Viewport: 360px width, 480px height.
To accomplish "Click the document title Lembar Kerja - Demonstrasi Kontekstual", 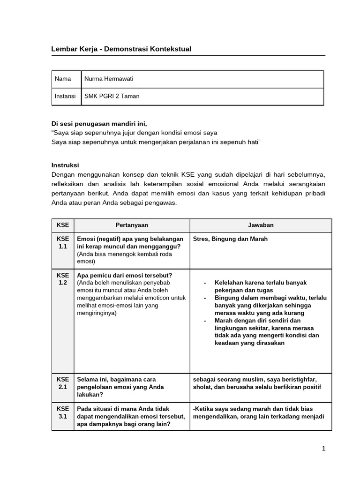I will click(121, 49).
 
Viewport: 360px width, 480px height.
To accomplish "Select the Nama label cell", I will click(63, 79).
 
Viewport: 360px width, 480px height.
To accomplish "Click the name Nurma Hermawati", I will click(109, 79).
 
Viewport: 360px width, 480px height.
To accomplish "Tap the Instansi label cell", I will click(65, 96).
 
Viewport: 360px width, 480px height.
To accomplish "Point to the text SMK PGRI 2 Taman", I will click(112, 96).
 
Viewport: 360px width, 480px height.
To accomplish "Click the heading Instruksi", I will click(65, 165).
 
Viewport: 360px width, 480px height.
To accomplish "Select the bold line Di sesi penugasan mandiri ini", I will click(99, 124).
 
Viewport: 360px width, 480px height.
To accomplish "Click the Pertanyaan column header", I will click(132, 225).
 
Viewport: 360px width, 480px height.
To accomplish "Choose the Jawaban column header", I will click(261, 225).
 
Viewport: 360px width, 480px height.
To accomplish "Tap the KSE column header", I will click(63, 225).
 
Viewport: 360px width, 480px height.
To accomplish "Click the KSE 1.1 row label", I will click(63, 242).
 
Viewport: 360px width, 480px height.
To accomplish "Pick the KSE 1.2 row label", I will click(63, 279).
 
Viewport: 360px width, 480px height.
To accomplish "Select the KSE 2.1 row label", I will click(63, 383).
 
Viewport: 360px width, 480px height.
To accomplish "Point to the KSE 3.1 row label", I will click(63, 412).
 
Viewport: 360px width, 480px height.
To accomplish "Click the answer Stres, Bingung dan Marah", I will click(230, 239).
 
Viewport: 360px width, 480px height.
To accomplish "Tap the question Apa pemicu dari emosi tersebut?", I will click(124, 275).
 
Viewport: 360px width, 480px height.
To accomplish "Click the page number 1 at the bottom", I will click(323, 449).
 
